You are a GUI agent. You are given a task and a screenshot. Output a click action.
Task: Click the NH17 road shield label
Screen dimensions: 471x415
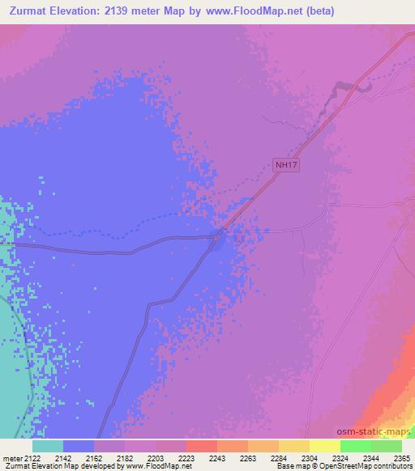click(x=284, y=165)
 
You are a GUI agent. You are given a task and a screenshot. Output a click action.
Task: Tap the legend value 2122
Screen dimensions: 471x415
click(x=32, y=457)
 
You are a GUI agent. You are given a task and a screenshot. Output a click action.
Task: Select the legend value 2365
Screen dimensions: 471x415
click(x=402, y=457)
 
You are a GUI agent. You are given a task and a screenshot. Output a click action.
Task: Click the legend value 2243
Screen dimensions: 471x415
click(x=217, y=457)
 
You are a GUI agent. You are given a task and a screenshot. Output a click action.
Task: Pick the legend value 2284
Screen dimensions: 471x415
click(x=279, y=457)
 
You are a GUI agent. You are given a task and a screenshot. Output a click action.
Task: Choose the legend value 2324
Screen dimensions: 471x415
click(x=340, y=457)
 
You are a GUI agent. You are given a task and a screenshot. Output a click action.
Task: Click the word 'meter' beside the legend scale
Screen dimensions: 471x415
click(x=11, y=457)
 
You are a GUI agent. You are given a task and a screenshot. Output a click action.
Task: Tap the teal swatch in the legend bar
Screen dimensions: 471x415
click(x=48, y=446)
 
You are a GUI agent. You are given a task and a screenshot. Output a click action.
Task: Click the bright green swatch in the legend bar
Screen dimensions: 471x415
click(x=356, y=446)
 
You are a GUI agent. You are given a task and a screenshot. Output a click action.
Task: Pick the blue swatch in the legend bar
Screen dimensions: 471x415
click(x=79, y=446)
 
